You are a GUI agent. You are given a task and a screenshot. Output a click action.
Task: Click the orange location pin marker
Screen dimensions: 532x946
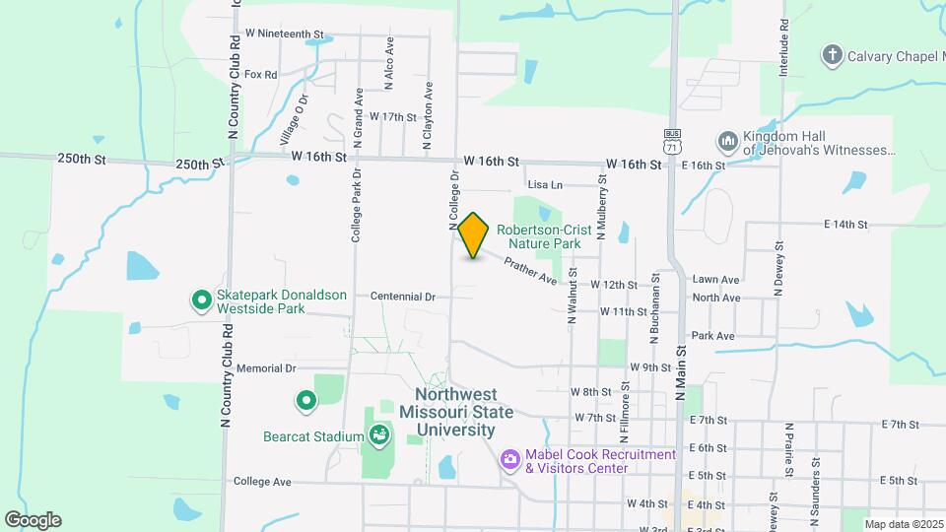(474, 234)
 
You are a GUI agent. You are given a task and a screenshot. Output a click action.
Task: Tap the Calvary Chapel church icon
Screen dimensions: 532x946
(833, 55)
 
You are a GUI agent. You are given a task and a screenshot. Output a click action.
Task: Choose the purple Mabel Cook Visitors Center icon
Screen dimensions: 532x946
(509, 459)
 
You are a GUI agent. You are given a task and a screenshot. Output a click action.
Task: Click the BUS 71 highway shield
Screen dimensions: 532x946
(672, 140)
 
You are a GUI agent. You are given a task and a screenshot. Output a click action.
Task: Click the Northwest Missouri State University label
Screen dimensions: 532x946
(457, 412)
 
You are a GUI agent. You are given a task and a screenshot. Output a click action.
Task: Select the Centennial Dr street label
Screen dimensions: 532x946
(403, 296)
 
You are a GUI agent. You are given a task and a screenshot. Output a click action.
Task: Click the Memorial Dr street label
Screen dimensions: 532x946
(266, 368)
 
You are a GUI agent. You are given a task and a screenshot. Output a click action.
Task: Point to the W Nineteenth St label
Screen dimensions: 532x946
(285, 33)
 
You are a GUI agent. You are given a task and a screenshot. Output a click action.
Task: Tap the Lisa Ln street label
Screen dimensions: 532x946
(545, 184)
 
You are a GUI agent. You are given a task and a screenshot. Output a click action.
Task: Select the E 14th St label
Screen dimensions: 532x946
(845, 225)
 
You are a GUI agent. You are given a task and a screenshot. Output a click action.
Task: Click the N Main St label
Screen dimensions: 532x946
(680, 374)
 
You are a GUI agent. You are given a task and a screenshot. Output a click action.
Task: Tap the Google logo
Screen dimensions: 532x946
(33, 520)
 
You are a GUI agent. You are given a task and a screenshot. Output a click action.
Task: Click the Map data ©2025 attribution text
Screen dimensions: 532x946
(903, 524)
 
